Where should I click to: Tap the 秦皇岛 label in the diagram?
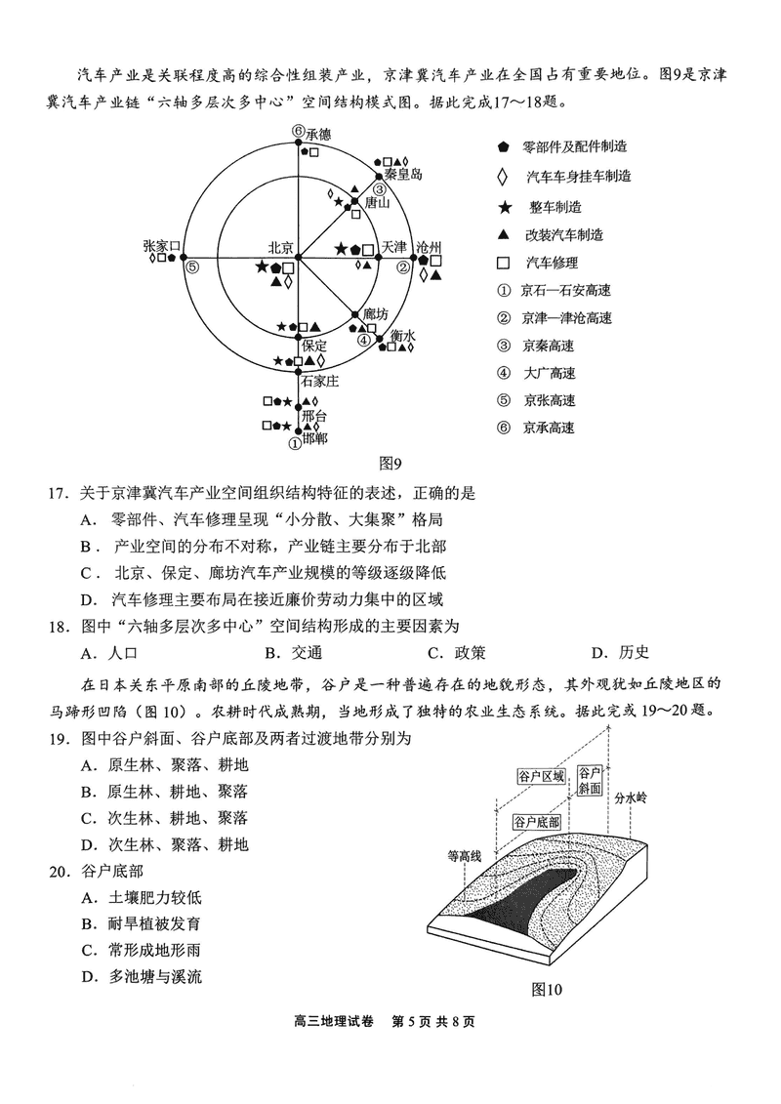tap(402, 174)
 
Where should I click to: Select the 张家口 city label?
tap(160, 247)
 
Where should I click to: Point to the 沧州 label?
tap(430, 247)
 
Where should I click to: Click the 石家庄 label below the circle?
tap(319, 381)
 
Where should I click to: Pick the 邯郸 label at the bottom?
tap(314, 439)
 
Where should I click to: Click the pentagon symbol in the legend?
tap(502, 146)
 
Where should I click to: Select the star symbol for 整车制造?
tap(502, 206)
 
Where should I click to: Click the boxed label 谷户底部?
tap(536, 821)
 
